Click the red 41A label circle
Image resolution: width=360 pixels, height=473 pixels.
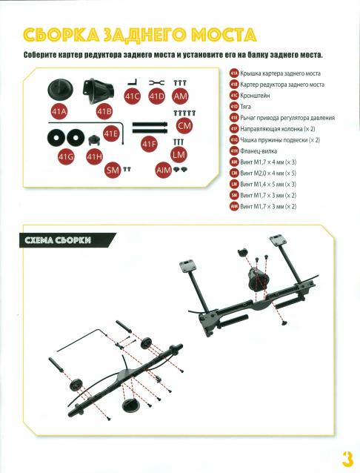pyautogui.click(x=59, y=112)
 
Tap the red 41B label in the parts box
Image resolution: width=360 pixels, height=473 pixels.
pyautogui.click(x=104, y=112)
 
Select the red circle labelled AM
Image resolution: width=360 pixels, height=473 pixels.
pyautogui.click(x=181, y=96)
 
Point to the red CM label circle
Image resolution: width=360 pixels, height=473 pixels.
pyautogui.click(x=184, y=125)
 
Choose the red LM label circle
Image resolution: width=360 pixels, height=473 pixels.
pyautogui.click(x=179, y=154)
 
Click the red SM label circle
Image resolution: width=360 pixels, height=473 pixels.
pyautogui.click(x=113, y=170)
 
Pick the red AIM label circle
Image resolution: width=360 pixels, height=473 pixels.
pyautogui.click(x=164, y=170)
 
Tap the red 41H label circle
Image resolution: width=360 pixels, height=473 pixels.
pyautogui.click(x=95, y=156)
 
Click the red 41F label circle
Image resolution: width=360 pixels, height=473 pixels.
pyautogui.click(x=149, y=144)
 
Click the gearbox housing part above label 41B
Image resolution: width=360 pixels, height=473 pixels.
pyautogui.click(x=99, y=91)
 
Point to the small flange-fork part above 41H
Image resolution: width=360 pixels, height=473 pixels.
pyautogui.click(x=95, y=140)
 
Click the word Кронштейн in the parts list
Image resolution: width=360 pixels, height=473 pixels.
pyautogui.click(x=255, y=96)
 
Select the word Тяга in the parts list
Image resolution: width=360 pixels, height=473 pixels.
pyautogui.click(x=245, y=107)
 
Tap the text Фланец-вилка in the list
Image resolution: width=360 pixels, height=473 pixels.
pyautogui.click(x=259, y=151)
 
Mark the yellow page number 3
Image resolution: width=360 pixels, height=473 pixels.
pyautogui.click(x=347, y=460)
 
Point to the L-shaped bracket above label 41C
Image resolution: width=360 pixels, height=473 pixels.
pyautogui.click(x=133, y=82)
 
